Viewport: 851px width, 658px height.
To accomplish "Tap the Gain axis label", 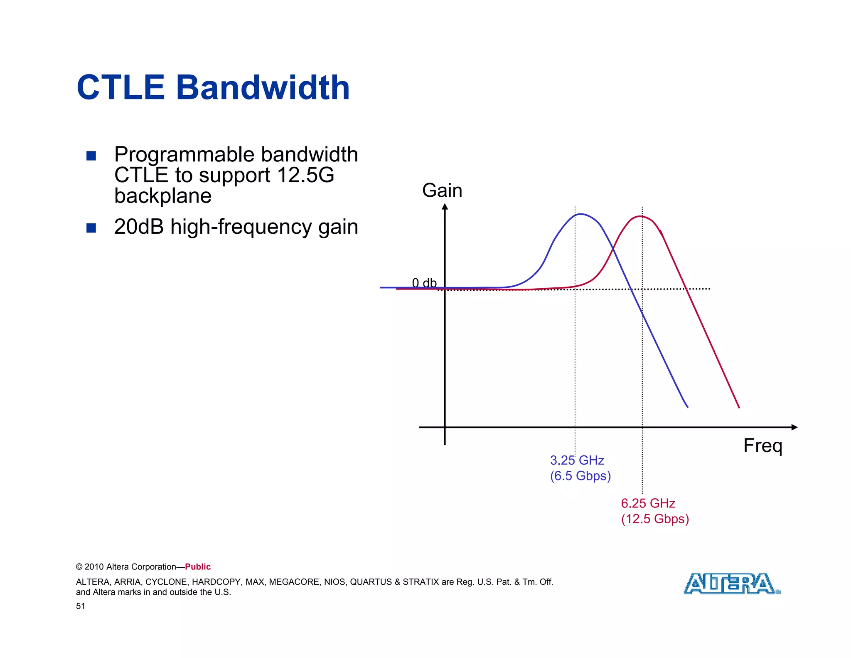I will point(442,190).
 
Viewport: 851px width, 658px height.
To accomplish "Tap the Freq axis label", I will point(762,446).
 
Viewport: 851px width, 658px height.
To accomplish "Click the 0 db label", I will point(424,283).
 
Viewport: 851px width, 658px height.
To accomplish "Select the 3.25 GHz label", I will point(577,460).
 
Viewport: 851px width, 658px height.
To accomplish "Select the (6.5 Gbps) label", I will point(580,476).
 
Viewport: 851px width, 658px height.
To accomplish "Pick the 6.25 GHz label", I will point(648,503).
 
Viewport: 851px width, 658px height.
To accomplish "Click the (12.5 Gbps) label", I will point(655,519).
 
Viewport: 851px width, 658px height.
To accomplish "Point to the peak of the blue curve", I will point(580,214).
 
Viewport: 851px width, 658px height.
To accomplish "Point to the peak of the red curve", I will point(641,216).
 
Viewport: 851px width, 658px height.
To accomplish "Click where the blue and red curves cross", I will point(612,248).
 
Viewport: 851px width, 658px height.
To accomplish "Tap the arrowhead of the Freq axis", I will point(794,427).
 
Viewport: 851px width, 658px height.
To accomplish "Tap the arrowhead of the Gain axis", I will point(445,207).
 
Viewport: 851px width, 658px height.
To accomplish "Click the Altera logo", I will point(732,584).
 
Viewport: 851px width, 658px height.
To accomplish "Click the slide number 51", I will point(80,606).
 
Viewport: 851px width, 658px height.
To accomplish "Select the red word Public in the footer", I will point(198,566).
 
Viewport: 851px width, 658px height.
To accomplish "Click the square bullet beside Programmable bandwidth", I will point(91,156).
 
